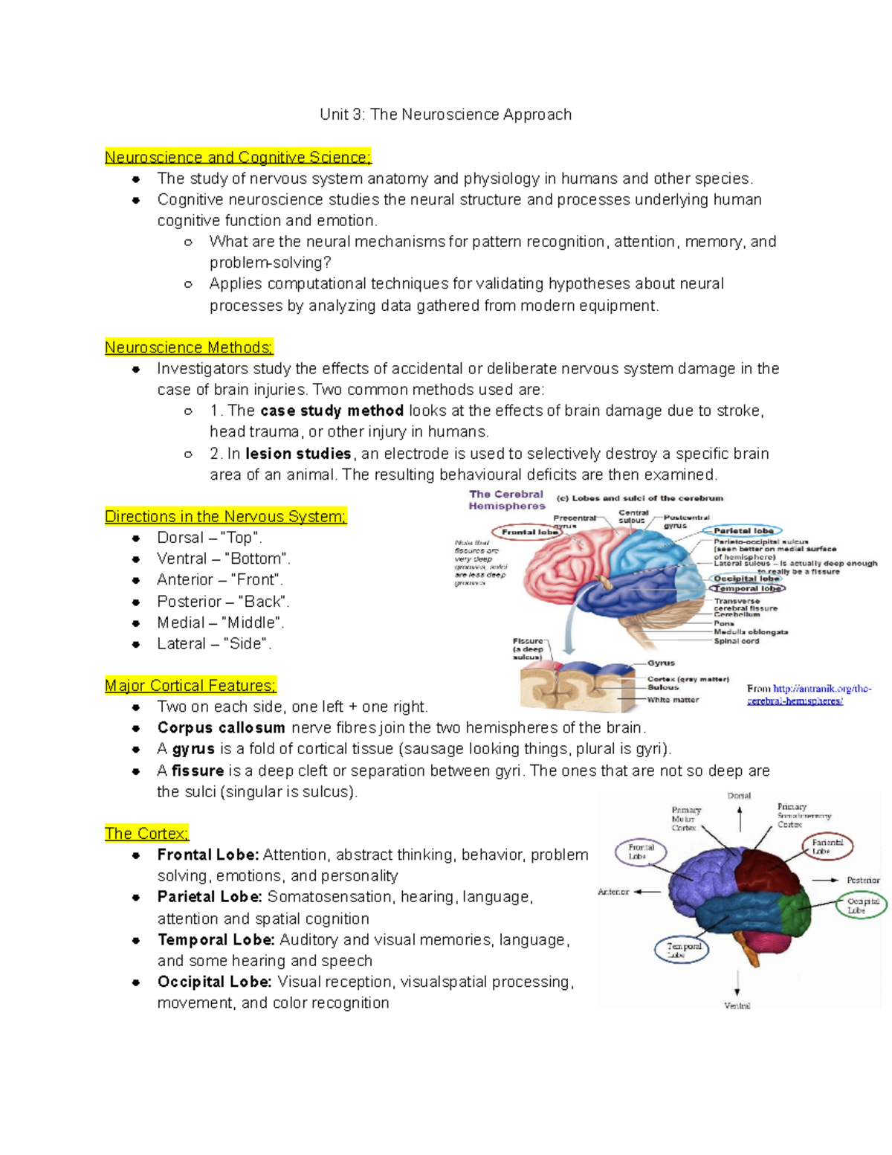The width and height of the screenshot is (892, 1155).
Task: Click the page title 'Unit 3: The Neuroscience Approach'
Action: [x=445, y=115]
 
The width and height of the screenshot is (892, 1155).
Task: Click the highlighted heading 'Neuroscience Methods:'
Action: [x=189, y=347]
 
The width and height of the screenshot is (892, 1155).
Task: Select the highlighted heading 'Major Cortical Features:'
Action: [x=190, y=686]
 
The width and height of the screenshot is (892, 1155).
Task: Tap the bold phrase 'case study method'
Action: [x=332, y=411]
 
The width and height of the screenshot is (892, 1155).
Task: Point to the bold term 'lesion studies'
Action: [x=298, y=454]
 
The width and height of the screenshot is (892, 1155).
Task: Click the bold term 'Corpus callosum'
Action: [x=221, y=727]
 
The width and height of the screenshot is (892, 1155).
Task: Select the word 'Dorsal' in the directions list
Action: [x=180, y=538]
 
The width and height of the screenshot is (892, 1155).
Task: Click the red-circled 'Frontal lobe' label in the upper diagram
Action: [x=529, y=532]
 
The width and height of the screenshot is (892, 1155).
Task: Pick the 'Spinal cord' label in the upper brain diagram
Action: [x=736, y=641]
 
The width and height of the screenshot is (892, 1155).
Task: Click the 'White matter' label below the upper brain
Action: [x=673, y=700]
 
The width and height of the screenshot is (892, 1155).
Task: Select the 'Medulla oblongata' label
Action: [x=751, y=632]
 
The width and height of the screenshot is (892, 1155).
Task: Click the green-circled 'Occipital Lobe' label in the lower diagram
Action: [x=862, y=906]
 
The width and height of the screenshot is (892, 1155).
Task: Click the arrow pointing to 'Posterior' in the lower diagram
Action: [x=825, y=881]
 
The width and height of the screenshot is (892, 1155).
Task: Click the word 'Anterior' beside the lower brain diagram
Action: [x=613, y=892]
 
